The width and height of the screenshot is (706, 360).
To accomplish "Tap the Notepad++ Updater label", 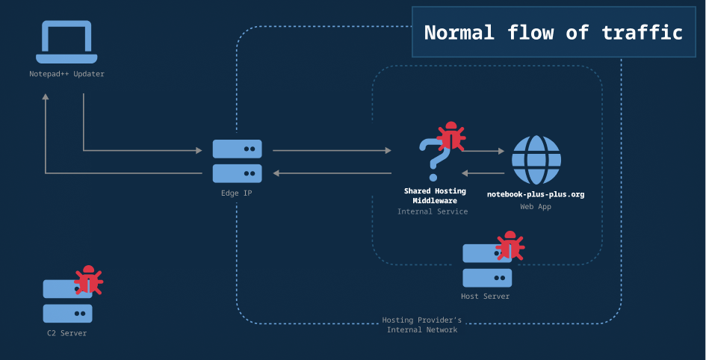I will click(x=66, y=74).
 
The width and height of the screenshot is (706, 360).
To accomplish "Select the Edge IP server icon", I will click(x=237, y=161).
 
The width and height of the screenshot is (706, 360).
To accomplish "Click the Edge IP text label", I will click(x=237, y=193).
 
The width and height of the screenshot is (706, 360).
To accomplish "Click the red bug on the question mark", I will click(x=450, y=137).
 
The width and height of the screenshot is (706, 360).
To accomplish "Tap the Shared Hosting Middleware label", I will click(x=435, y=196).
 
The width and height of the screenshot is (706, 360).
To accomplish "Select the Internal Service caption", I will click(x=433, y=211).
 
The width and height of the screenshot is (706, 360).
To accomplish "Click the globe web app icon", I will click(x=536, y=160).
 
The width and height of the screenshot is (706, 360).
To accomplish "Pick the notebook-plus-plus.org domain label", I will click(x=536, y=194).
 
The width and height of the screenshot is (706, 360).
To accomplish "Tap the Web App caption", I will click(x=536, y=207).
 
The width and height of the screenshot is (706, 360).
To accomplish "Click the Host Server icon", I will click(x=486, y=266).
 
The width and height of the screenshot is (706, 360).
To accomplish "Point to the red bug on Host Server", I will click(x=510, y=246).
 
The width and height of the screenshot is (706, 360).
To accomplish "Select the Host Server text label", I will click(x=486, y=297).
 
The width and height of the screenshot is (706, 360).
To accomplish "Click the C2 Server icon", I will click(x=67, y=301).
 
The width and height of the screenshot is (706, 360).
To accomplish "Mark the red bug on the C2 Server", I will click(x=89, y=280).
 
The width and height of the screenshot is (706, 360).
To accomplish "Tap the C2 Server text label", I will click(x=67, y=333).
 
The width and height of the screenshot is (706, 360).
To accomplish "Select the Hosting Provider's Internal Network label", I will click(x=422, y=325).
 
